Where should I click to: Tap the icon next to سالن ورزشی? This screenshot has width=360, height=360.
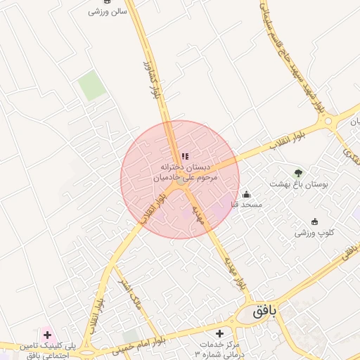click(94, 11)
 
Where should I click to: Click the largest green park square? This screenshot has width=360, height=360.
click(91, 85)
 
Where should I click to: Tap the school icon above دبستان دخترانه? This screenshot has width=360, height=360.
click(185, 157)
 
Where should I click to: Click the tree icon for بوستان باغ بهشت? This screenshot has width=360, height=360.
click(299, 172)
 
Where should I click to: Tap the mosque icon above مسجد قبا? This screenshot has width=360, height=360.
click(246, 194)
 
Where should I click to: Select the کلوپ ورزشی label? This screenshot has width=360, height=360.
click(314, 232)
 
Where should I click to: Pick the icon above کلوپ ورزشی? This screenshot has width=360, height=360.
click(314, 221)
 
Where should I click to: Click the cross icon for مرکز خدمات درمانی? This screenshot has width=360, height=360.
click(220, 333)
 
